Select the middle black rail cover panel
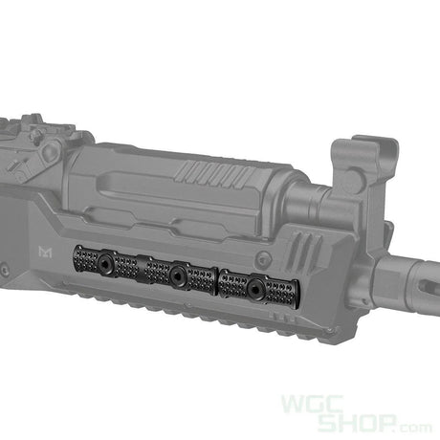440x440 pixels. tap(178, 274)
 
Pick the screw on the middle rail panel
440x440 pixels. tap(178, 274)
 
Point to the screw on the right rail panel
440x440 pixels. tap(254, 285)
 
